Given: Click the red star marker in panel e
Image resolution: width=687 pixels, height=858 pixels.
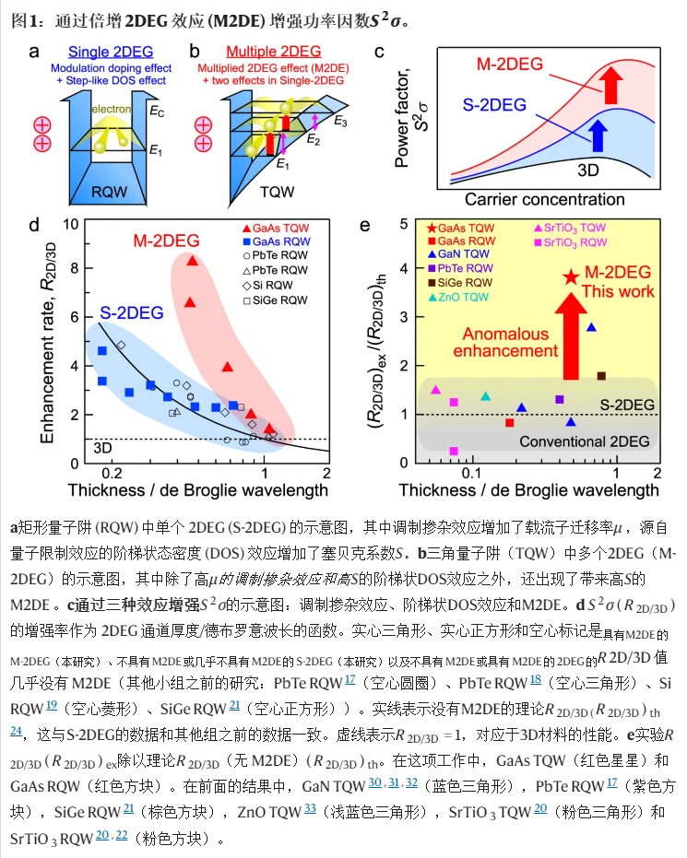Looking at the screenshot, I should tap(571, 276).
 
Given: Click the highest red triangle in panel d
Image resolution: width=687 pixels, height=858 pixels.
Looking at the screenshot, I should tap(193, 261).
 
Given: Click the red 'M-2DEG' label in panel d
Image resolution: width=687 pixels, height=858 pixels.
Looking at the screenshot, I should tap(166, 241).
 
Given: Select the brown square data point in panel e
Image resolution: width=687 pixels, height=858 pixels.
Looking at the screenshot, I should tap(601, 376).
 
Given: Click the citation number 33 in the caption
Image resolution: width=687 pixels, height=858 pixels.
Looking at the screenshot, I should tap(310, 813).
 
